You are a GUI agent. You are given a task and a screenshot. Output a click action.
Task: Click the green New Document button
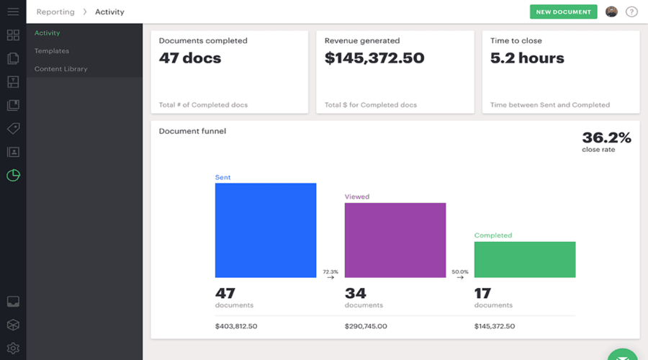tap(563, 12)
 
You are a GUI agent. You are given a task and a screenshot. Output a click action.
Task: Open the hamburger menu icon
tap(13, 12)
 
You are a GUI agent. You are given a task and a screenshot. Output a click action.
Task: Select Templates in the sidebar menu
tap(52, 51)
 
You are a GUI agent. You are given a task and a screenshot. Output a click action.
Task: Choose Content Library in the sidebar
tap(61, 69)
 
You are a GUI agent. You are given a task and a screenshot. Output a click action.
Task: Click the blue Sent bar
tap(266, 230)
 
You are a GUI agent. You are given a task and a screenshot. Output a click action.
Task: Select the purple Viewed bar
tap(395, 240)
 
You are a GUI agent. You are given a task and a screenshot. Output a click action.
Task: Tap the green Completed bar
tap(525, 259)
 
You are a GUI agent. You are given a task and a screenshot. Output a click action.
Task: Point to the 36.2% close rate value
tap(606, 138)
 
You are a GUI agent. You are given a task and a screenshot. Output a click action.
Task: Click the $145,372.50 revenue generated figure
tap(374, 58)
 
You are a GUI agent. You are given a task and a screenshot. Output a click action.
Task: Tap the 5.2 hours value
tap(527, 58)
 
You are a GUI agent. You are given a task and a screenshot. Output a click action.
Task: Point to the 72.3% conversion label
tap(330, 271)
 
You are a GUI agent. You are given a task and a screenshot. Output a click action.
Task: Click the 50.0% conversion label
tap(460, 271)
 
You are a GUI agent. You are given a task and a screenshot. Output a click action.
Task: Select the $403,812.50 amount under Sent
tap(236, 326)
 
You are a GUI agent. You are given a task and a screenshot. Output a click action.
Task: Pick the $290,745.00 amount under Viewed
tap(366, 326)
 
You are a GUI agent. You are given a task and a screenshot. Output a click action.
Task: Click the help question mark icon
tap(631, 12)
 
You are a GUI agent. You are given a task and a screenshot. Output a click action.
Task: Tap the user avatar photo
tap(611, 12)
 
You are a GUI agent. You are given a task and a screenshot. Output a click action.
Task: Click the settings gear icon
tap(13, 348)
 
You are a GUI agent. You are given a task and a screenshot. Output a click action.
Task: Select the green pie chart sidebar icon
tap(13, 175)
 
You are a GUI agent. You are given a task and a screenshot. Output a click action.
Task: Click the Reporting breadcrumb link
tap(55, 12)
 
